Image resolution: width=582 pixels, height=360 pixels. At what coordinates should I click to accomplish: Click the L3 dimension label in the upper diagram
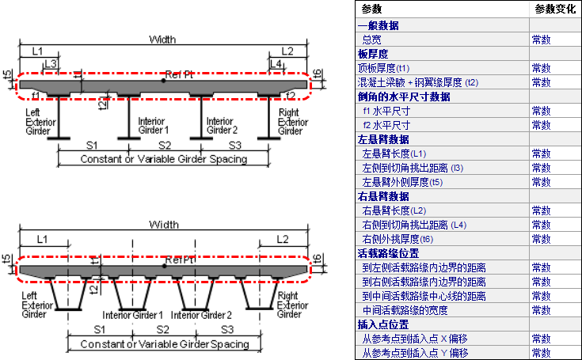pos(50,63)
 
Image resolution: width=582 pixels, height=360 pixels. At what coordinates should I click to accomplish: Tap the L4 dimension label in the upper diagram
pos(276,63)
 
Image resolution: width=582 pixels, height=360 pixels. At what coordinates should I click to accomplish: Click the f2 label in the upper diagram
pos(291,95)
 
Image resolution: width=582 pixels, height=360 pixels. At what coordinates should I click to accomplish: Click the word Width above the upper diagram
pos(162,40)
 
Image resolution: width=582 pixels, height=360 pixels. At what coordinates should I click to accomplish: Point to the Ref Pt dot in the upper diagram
pos(163,80)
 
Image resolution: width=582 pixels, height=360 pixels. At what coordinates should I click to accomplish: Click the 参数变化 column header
pos(555,9)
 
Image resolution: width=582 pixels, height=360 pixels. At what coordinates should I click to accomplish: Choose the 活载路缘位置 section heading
pos(389,253)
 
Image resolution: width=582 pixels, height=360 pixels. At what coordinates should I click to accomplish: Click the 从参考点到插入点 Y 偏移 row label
pos(415,353)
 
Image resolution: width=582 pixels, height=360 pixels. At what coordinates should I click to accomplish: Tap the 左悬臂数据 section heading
pos(383,138)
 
